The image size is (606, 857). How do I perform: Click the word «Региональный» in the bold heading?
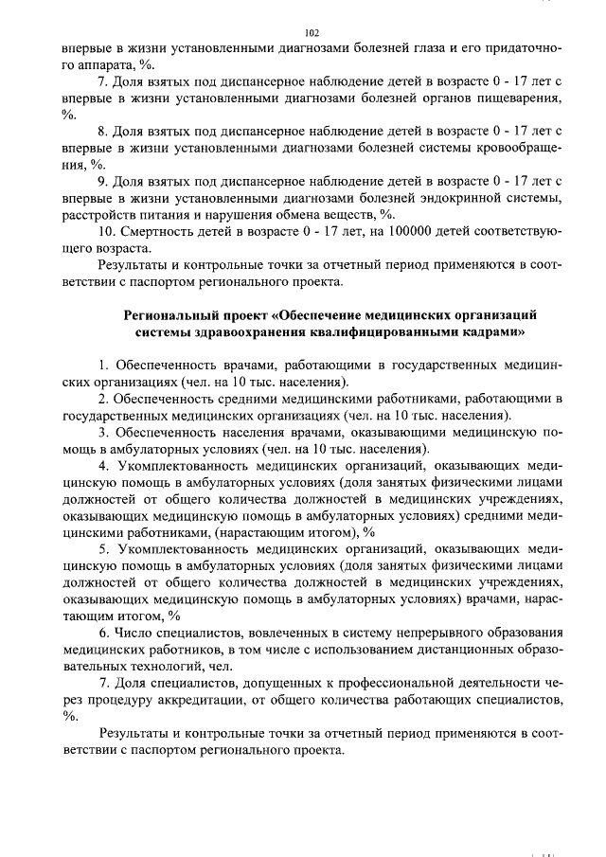coord(172,313)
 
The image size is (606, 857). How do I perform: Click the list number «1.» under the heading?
coord(104,365)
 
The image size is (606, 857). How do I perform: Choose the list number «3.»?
coord(104,431)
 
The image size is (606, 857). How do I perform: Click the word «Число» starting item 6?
coord(137,633)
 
